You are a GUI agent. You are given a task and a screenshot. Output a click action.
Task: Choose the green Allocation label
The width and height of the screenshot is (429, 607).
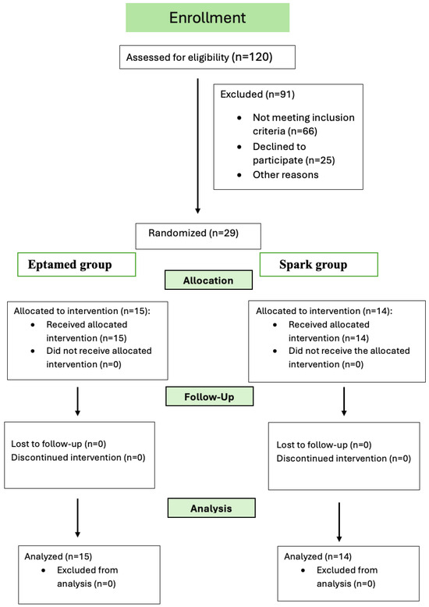coord(207,279)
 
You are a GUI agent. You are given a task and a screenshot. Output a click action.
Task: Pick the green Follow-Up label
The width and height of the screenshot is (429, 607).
coord(210,397)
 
